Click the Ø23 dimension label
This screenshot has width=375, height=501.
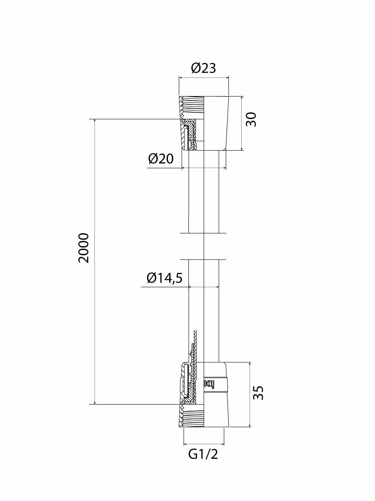(x=204, y=68)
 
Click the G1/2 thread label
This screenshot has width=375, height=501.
(x=203, y=454)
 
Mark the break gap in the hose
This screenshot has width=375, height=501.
(x=203, y=246)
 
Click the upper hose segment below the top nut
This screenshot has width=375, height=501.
(x=203, y=192)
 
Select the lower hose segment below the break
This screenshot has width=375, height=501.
(x=203, y=309)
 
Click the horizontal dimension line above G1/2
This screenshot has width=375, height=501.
(x=203, y=443)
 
